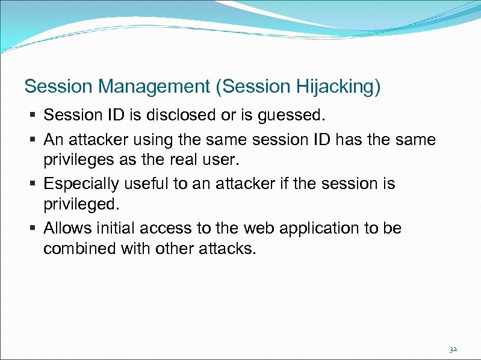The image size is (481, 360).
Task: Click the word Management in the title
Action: coord(154,87)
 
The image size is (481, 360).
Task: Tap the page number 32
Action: coord(453,349)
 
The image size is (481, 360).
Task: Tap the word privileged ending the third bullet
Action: coord(82,205)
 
